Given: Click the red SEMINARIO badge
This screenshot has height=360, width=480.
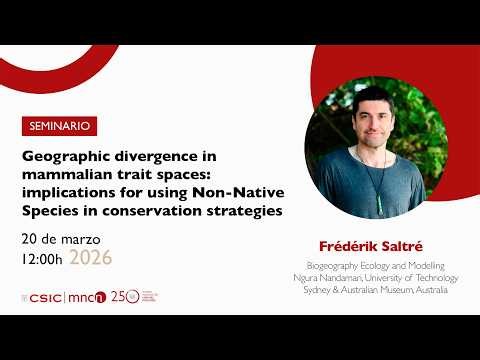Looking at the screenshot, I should [x=60, y=127].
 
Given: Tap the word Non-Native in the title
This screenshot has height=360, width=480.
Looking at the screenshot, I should [x=238, y=193].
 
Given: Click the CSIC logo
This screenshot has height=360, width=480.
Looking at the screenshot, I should [x=44, y=297].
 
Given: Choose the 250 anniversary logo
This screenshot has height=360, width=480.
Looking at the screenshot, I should [x=120, y=297].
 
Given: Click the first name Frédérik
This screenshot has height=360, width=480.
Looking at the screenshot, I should [x=343, y=245].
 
